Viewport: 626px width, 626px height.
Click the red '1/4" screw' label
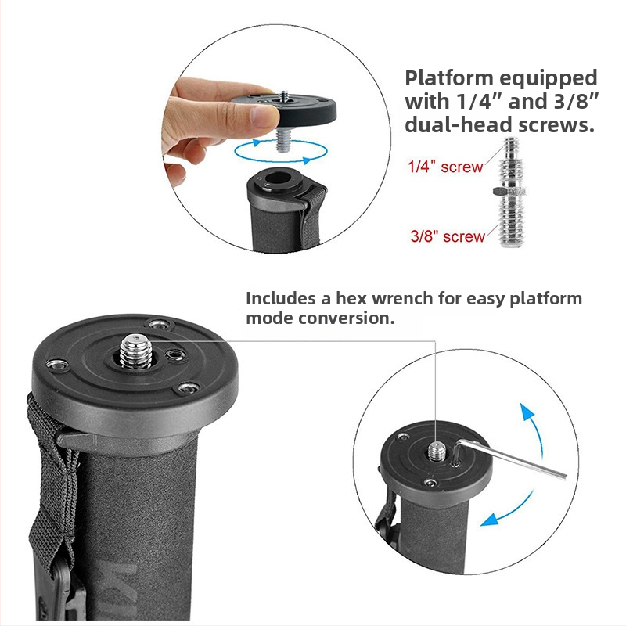445,167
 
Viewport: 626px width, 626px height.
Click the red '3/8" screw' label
448,236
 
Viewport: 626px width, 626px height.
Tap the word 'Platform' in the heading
448,78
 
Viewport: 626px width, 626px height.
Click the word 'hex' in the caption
351,298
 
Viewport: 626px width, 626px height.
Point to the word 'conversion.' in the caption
346,318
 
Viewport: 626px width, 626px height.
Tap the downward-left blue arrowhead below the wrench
490,520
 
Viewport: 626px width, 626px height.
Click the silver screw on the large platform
135,351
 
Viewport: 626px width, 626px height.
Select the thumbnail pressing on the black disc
264,115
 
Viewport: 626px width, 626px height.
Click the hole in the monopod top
277,178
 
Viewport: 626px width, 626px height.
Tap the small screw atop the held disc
284,96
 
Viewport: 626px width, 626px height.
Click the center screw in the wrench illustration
437,451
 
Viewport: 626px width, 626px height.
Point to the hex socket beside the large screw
176,354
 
